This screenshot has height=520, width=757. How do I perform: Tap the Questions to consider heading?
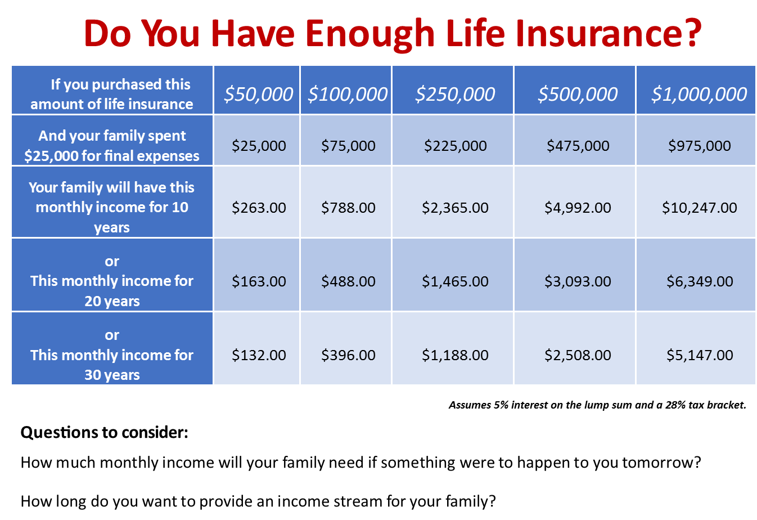point(105,432)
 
